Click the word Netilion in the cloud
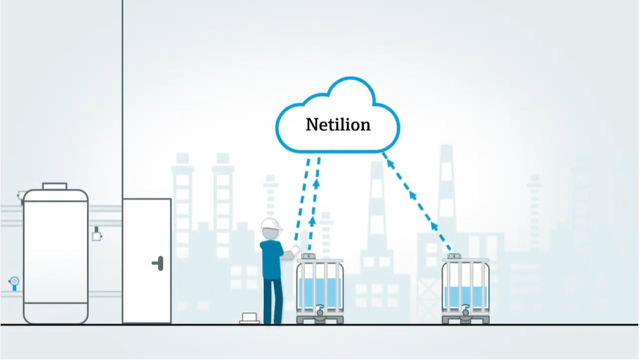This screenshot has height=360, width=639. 338,124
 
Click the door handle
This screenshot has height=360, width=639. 158,263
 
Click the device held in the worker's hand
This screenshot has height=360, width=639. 295,249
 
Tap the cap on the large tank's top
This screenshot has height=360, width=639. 54,187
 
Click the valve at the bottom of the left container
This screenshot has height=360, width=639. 320,311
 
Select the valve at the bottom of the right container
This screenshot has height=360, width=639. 466,311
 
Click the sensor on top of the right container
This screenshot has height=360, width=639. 454,256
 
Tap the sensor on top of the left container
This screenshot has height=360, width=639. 308,256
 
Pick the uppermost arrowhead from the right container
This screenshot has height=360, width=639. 390,164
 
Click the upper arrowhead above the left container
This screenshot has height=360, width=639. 316,183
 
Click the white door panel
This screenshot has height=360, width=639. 147,261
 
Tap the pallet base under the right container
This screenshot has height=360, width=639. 466,320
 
